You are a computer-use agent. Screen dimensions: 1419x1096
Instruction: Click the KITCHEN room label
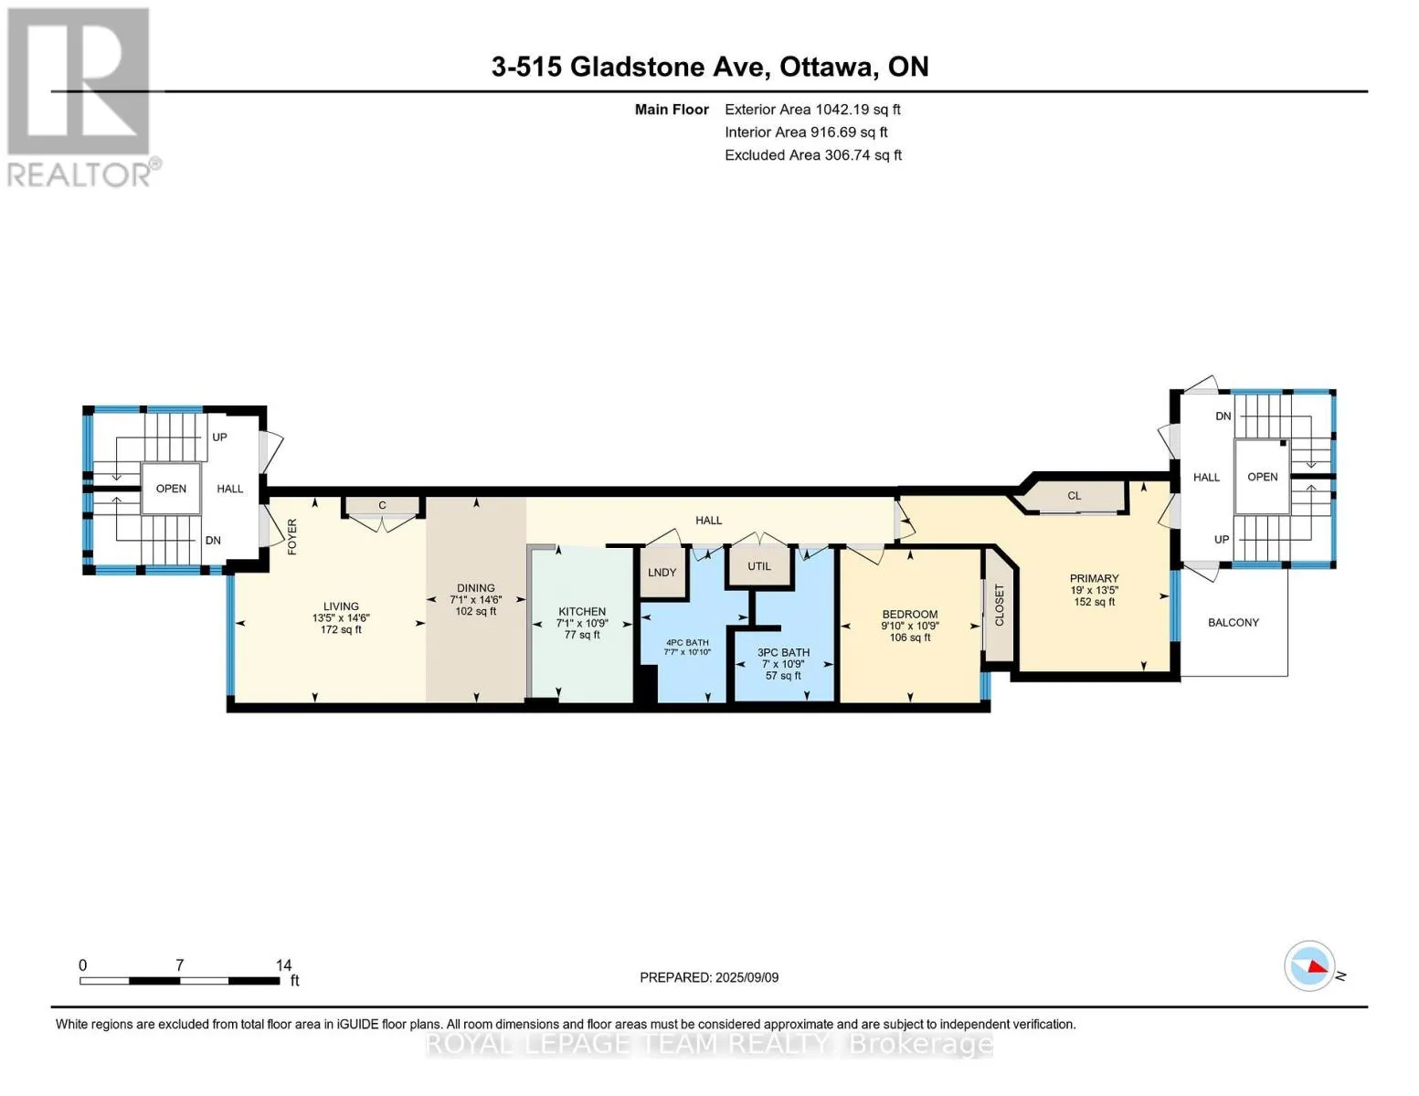tap(582, 611)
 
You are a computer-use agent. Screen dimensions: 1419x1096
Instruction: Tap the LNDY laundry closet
tap(662, 572)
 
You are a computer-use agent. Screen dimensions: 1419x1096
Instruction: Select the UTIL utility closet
tap(758, 566)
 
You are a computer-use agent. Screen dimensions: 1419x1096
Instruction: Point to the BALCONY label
tap(1233, 622)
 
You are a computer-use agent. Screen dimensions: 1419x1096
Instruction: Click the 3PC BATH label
tap(783, 652)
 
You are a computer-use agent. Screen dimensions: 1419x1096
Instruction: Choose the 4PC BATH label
tap(687, 642)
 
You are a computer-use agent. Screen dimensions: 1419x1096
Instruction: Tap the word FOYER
tap(292, 536)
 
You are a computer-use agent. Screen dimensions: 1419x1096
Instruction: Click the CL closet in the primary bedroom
tap(1074, 496)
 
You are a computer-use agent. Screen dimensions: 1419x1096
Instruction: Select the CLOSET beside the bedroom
tap(999, 605)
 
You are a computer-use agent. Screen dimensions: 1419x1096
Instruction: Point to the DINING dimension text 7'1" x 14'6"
tap(475, 599)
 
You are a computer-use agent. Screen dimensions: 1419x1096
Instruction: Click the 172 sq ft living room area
tap(341, 629)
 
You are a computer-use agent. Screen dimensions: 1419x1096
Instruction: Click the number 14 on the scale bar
tap(283, 964)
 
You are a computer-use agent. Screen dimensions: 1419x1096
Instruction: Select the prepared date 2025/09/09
tap(747, 977)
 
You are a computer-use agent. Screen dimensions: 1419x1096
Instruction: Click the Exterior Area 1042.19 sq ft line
tap(812, 110)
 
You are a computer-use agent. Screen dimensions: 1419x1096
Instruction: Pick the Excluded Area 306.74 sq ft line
tap(813, 155)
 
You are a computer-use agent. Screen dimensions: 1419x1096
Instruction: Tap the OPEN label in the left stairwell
tap(171, 489)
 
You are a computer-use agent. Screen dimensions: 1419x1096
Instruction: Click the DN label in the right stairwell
tap(1223, 416)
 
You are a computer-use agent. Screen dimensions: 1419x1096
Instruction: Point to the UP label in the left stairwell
tap(219, 437)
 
